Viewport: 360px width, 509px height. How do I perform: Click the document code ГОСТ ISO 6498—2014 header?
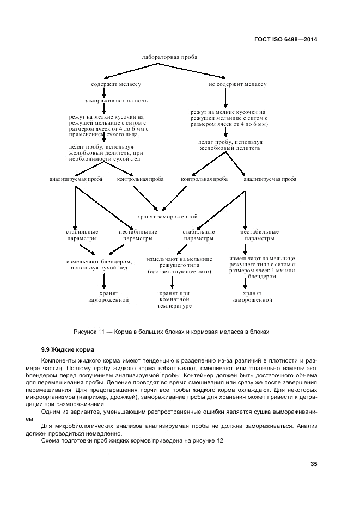pos(286,39)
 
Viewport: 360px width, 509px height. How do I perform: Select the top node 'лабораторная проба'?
pos(169,57)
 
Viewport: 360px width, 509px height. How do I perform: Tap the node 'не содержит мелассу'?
pos(237,85)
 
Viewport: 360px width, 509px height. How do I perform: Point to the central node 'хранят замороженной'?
pos(169,216)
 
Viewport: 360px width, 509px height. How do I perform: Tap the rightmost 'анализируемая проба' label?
pos(270,179)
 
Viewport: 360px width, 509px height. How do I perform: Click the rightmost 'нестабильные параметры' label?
pos(259,235)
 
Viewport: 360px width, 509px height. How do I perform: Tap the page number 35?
pos(314,464)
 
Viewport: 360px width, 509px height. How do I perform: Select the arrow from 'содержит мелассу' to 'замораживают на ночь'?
pos(103,93)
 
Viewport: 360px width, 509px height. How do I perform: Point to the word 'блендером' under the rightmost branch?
pos(264,277)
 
